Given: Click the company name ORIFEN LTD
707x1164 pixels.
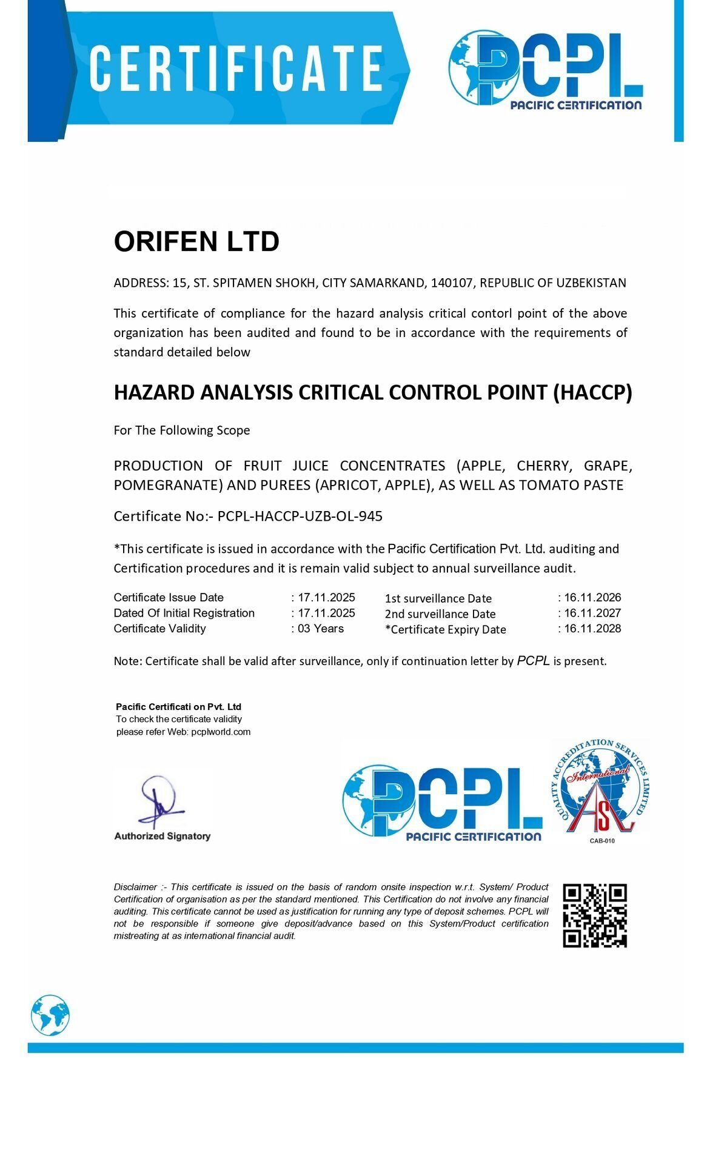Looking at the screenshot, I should (x=196, y=241).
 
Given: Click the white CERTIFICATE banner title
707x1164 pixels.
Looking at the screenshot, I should (x=236, y=68).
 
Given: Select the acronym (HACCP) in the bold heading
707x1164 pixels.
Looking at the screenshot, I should (x=592, y=392).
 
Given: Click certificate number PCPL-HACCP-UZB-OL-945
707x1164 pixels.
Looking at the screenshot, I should (x=300, y=516).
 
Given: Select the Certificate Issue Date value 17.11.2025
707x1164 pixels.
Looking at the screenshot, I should (x=326, y=597).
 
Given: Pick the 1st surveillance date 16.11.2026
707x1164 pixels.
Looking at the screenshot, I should (x=592, y=597).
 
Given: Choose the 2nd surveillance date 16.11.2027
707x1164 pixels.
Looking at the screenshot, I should (x=592, y=613).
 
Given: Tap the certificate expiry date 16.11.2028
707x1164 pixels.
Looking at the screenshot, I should (x=592, y=629).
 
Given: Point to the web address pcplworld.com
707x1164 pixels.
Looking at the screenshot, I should (x=221, y=732).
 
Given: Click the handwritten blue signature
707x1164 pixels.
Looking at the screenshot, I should (x=158, y=801).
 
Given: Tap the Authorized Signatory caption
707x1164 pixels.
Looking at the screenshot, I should (x=163, y=836).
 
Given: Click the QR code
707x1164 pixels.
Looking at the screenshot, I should (x=595, y=915).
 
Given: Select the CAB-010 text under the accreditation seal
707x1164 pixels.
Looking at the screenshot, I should (x=601, y=841).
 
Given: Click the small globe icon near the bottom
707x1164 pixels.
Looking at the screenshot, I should (x=50, y=1015).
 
